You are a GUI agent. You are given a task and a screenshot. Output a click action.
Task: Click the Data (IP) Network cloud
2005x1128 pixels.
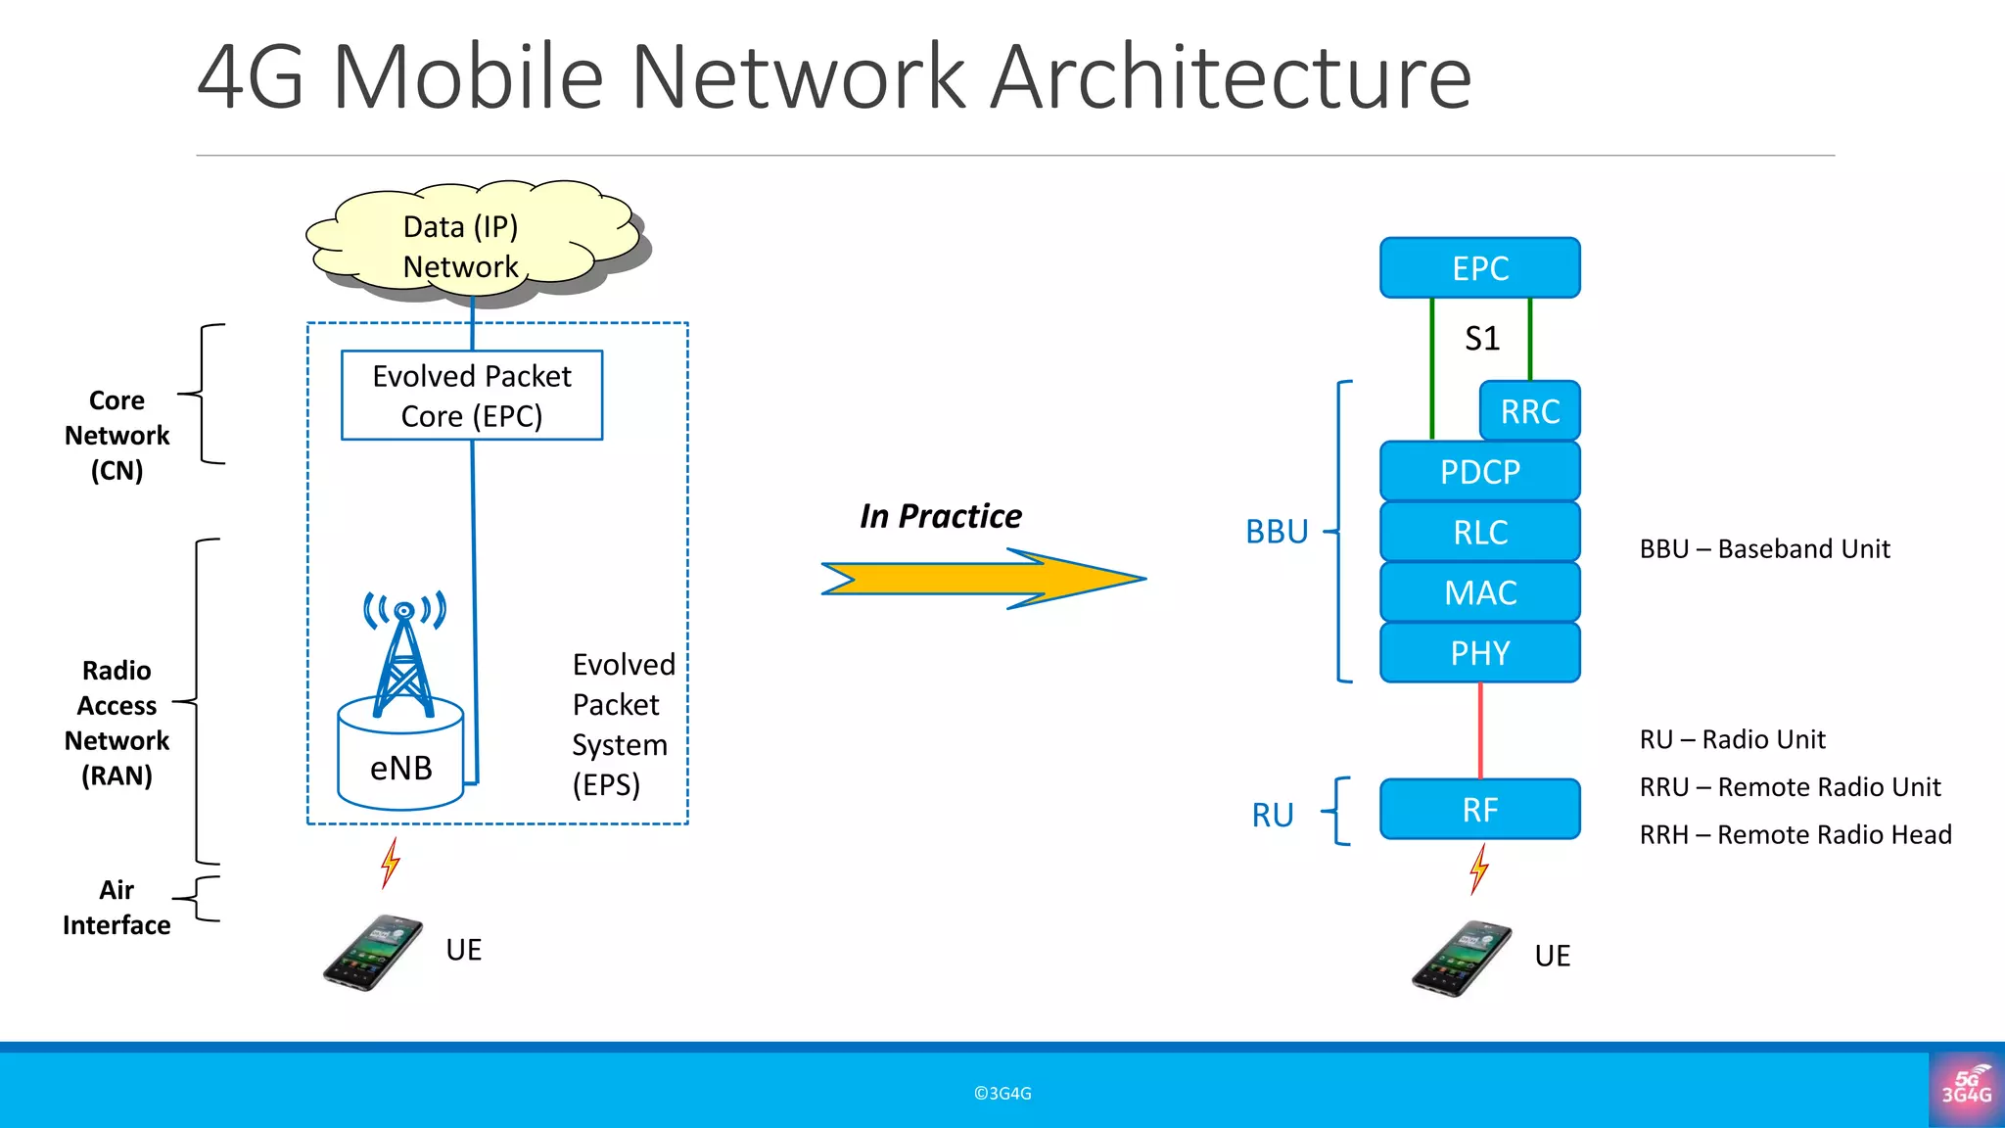coord(470,245)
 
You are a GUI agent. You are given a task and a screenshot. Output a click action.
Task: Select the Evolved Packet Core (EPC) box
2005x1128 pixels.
coord(472,396)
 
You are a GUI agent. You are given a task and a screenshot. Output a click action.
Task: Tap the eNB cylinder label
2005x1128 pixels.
coord(401,768)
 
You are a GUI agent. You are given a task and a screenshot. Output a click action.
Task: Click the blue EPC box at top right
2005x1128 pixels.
coord(1479,268)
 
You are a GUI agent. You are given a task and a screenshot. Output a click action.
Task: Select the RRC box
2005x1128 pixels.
coord(1529,411)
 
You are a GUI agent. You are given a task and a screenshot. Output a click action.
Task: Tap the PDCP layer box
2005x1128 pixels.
coord(1479,472)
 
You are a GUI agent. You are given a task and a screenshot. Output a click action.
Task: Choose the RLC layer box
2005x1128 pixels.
coord(1479,533)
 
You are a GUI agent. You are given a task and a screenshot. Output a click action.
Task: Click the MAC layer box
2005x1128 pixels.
coord(1479,593)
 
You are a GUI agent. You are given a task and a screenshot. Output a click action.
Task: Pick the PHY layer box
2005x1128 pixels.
coord(1479,653)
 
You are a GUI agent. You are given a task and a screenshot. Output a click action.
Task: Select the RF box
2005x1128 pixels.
coord(1479,810)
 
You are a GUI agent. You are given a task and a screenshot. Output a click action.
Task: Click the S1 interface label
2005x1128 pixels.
coord(1481,339)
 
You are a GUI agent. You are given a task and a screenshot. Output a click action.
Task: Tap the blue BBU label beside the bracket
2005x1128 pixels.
coord(1277,532)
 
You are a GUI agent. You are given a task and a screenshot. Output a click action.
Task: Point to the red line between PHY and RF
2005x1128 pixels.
coord(1479,730)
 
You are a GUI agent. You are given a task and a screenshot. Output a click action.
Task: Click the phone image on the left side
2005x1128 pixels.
coord(373,953)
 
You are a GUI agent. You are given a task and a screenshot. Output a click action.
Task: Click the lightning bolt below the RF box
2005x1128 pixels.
coord(1478,869)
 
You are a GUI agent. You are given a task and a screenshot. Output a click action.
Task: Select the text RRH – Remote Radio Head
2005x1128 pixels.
coord(1795,835)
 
